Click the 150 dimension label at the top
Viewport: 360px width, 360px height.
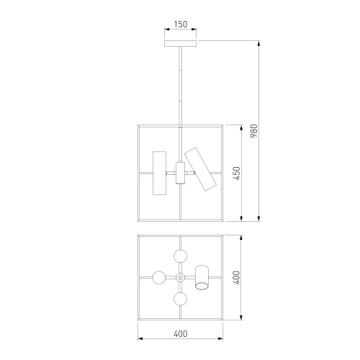(x=181, y=24)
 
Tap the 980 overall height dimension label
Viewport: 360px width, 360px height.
(x=253, y=131)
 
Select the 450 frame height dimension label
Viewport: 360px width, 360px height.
(x=237, y=174)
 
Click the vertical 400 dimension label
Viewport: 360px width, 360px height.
(x=237, y=278)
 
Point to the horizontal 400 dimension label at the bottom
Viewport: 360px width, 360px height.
(x=181, y=333)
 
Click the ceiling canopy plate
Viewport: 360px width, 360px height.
(x=180, y=43)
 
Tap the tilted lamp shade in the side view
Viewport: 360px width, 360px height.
(x=200, y=169)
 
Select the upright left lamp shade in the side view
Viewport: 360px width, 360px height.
(x=160, y=173)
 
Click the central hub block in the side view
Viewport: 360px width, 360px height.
(x=180, y=173)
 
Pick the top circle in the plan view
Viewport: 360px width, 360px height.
(x=180, y=256)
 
